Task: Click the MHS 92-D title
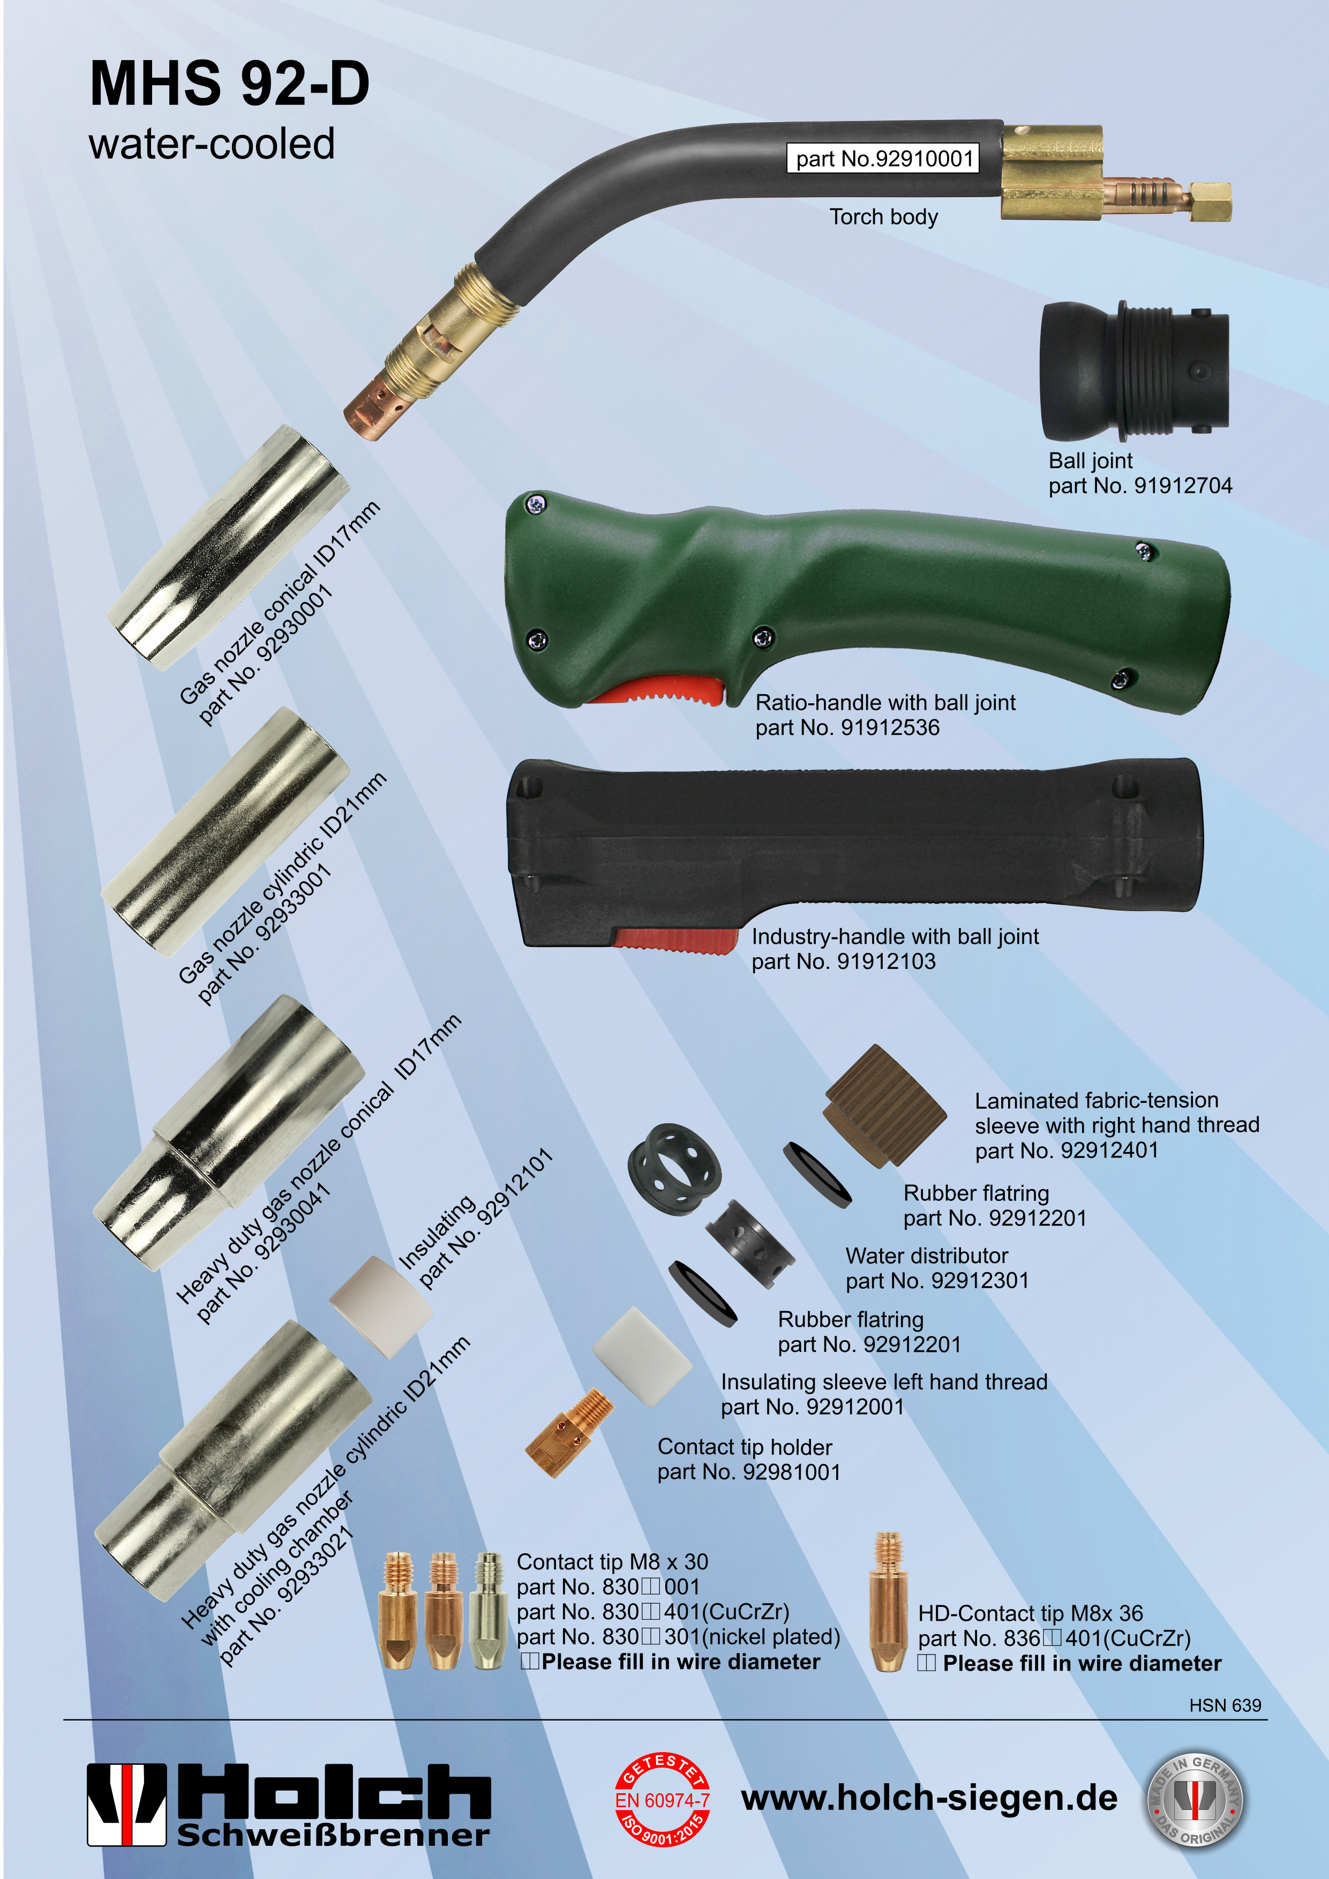pos(229,84)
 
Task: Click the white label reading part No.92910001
pos(883,158)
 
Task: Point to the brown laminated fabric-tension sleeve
pos(884,1105)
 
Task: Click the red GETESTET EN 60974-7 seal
pos(662,1800)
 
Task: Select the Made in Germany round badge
pos(1194,1800)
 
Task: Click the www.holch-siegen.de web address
pos(929,1798)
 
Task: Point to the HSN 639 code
pos(1225,1705)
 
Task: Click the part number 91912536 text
pos(847,727)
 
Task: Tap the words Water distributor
pos(926,1256)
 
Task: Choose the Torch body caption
pos(884,217)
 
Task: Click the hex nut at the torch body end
pos(1210,202)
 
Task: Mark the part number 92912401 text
pos(1067,1151)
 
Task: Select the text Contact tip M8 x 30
pos(612,1561)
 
